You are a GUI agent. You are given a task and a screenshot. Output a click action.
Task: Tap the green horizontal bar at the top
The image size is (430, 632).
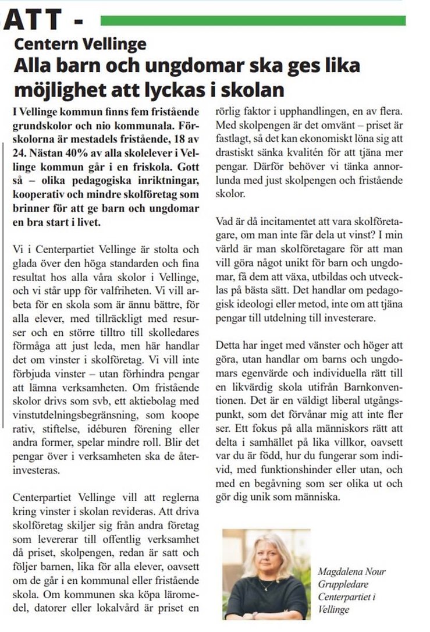coord(253,21)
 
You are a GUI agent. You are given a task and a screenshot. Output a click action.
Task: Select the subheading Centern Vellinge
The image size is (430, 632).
coord(80,44)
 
